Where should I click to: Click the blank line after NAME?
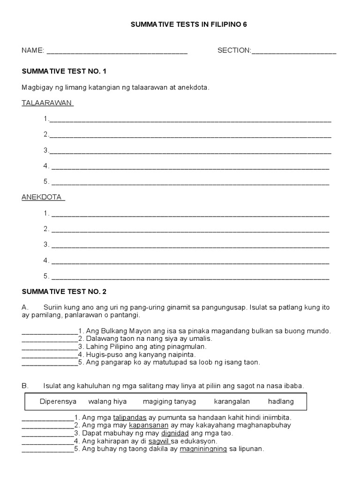tap(117, 52)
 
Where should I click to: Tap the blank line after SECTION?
tap(294, 52)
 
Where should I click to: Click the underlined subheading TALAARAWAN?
tap(48, 103)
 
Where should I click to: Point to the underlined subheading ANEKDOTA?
tap(43, 197)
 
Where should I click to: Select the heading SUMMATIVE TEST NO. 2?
tap(64, 292)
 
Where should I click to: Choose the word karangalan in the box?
tap(232, 401)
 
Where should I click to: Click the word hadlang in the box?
tap(281, 401)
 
